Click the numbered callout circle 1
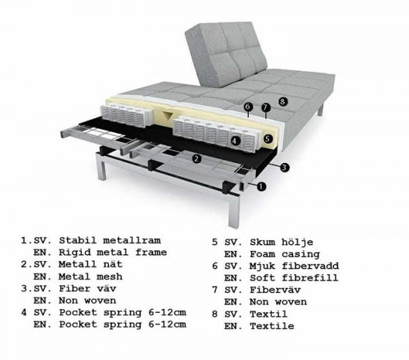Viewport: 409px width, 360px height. pyautogui.click(x=261, y=186)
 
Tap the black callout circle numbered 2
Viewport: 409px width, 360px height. pyautogui.click(x=197, y=158)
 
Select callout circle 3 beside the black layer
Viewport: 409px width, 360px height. pyautogui.click(x=284, y=167)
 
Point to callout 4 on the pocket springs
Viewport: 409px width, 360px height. pyautogui.click(x=235, y=141)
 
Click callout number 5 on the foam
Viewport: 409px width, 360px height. pyautogui.click(x=268, y=138)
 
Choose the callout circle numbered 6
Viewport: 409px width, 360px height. pyautogui.click(x=248, y=106)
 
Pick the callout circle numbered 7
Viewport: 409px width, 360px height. pyautogui.click(x=266, y=107)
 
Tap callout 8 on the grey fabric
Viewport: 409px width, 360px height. pyautogui.click(x=283, y=101)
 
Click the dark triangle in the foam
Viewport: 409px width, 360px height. pyautogui.click(x=167, y=115)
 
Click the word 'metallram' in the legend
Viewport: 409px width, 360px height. pyautogui.click(x=132, y=240)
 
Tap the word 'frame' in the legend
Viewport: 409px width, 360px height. pyautogui.click(x=151, y=252)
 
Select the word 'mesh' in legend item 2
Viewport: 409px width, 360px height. pyautogui.click(x=110, y=277)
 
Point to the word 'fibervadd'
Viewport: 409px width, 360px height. pyautogui.click(x=310, y=266)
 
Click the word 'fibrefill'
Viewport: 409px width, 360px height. pyautogui.click(x=310, y=277)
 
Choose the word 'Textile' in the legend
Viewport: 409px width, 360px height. pyautogui.click(x=272, y=326)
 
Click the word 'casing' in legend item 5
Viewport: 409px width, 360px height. pyautogui.click(x=301, y=254)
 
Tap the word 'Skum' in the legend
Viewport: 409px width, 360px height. pyautogui.click(x=262, y=242)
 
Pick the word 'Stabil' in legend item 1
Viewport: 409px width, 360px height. pyautogui.click(x=78, y=240)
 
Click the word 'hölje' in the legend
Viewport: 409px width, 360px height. pyautogui.click(x=297, y=242)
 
